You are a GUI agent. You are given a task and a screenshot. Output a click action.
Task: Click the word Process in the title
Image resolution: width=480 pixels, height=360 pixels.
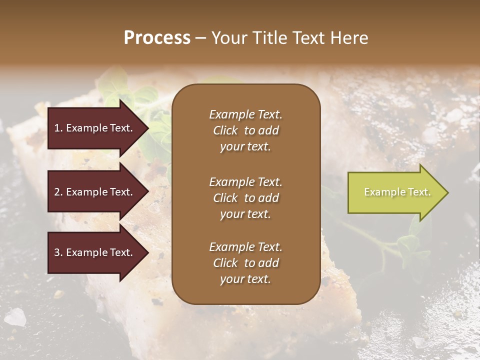pyautogui.click(x=157, y=38)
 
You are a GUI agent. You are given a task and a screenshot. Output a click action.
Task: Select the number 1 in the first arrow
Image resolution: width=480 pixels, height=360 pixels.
pyautogui.click(x=57, y=128)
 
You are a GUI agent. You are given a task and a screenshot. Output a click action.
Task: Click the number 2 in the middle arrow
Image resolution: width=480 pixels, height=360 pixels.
pyautogui.click(x=57, y=192)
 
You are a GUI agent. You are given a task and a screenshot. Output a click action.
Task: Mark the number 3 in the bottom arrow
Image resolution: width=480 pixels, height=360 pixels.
pyautogui.click(x=57, y=252)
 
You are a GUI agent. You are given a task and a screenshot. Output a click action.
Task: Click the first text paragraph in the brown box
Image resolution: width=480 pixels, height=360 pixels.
pyautogui.click(x=245, y=130)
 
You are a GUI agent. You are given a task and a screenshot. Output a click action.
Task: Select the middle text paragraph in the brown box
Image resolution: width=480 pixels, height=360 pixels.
pyautogui.click(x=245, y=198)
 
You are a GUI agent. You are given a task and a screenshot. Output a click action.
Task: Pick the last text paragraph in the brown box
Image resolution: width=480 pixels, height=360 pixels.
pyautogui.click(x=245, y=263)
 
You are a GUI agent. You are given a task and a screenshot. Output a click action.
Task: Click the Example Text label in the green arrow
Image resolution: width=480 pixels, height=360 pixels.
pyautogui.click(x=397, y=192)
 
